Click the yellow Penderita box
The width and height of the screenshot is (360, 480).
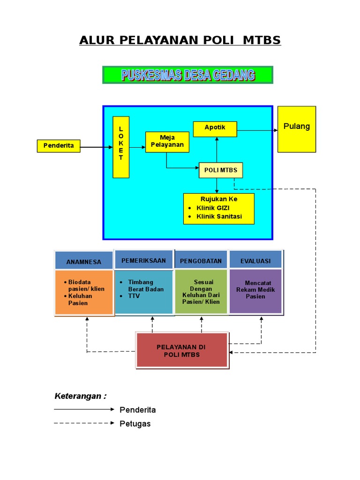[59, 146]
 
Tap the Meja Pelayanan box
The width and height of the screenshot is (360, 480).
[167, 142]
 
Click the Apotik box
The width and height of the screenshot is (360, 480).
[215, 128]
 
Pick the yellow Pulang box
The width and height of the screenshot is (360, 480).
[297, 129]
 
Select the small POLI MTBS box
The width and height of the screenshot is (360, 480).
[221, 170]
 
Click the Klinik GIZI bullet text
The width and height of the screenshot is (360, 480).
[213, 208]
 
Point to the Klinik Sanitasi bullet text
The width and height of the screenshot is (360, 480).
[219, 217]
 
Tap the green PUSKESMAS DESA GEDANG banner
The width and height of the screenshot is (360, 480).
[187, 75]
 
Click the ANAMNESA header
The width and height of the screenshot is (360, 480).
[84, 262]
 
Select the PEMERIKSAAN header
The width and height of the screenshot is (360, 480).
[143, 261]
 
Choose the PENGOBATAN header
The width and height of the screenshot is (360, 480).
[201, 261]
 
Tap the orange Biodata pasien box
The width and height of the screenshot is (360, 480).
[84, 292]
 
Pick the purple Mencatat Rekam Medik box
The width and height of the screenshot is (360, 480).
[255, 291]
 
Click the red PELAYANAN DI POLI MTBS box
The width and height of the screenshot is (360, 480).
[182, 351]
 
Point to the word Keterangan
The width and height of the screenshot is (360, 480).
[78, 396]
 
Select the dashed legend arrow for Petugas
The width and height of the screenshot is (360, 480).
[84, 423]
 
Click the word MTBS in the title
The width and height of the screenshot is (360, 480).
[262, 40]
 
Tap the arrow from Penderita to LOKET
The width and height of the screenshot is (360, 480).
[96, 147]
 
